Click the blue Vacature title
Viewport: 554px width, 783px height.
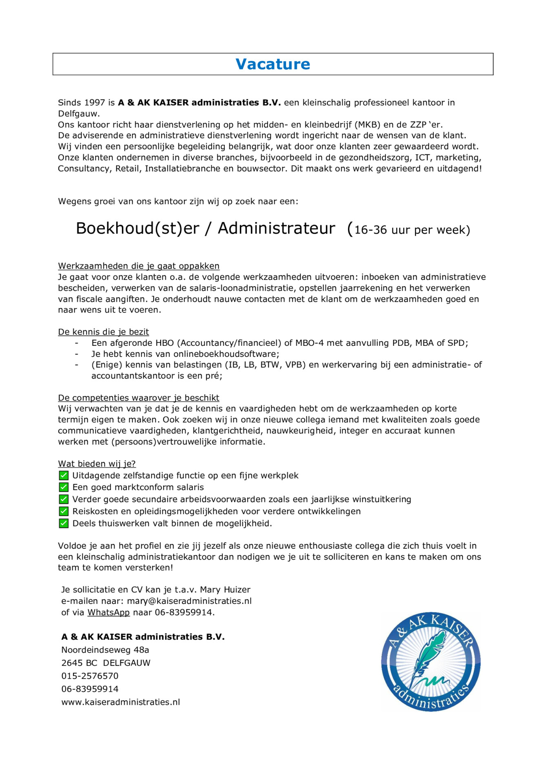[273, 64]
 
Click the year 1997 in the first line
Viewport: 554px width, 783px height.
[95, 103]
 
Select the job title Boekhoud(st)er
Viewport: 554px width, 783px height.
[137, 228]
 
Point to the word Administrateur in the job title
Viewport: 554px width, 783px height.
[276, 228]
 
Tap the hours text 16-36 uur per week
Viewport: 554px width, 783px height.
[412, 230]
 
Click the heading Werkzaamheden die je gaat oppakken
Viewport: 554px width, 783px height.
[139, 266]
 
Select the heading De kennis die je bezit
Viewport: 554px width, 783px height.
[103, 332]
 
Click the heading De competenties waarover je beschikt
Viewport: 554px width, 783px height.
[138, 398]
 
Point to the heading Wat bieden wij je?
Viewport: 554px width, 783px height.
[97, 464]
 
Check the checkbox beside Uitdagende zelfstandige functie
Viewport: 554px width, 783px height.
[64, 476]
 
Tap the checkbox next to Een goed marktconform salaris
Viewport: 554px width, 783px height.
[64, 487]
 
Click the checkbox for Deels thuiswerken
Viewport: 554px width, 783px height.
[64, 524]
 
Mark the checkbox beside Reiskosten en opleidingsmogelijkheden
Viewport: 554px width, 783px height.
[64, 511]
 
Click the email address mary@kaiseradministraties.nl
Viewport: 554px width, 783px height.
[189, 601]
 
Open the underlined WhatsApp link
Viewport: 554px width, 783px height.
[109, 613]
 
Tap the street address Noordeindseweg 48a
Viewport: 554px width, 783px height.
[105, 650]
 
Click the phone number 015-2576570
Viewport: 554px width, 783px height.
[90, 676]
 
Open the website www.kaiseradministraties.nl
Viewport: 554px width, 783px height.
[121, 702]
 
